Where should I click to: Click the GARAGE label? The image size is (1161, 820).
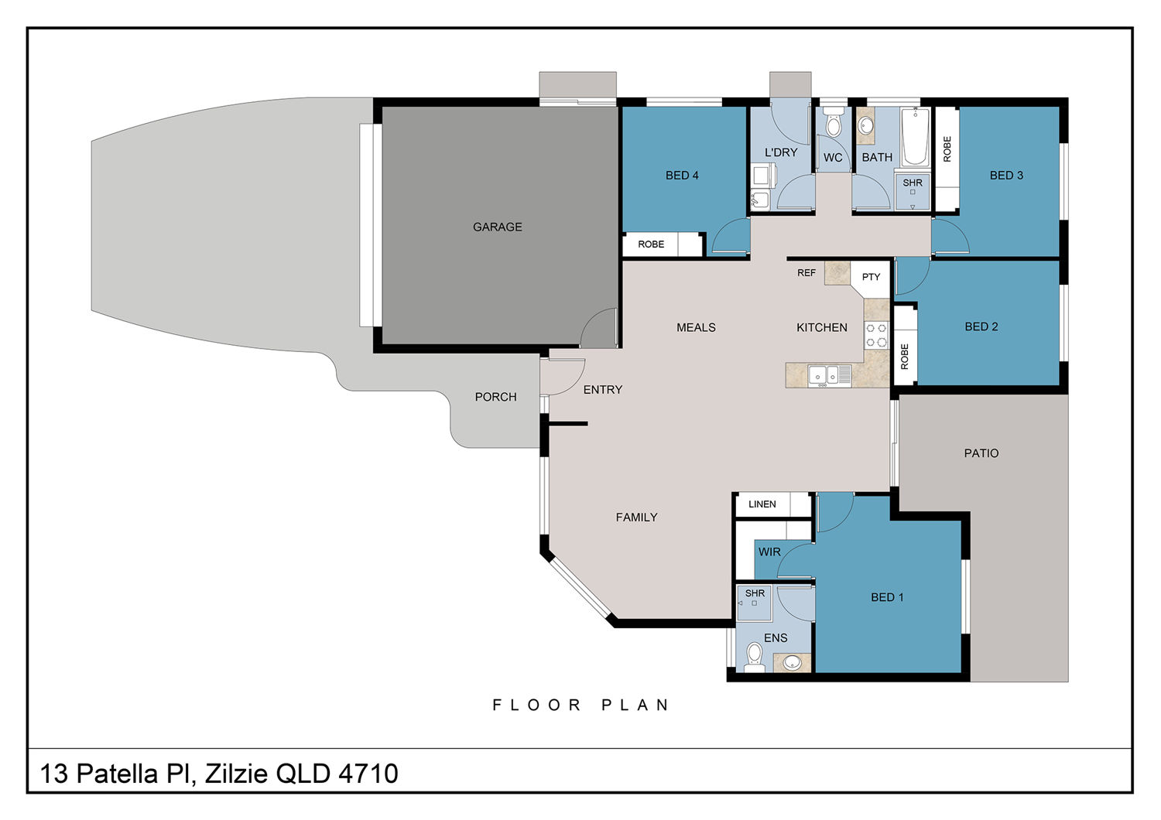coord(497,227)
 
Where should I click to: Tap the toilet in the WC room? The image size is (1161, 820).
coord(833,122)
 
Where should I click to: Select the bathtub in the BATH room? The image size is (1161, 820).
coord(915,137)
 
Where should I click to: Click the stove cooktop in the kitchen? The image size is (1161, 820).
coord(876,335)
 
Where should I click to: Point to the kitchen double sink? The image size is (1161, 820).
coord(829,375)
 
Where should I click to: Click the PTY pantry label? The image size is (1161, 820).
coord(871,277)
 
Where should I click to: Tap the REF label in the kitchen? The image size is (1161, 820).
coord(807,273)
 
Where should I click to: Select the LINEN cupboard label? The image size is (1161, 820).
coord(762,504)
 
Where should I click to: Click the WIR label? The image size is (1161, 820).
coord(769,552)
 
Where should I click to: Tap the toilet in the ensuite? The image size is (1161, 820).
coord(754,658)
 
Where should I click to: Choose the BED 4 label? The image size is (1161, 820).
coord(682,176)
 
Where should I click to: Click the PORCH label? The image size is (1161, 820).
coord(495,398)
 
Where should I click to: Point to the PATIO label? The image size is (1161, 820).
coord(981,454)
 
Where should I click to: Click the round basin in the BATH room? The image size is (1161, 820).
coord(865,125)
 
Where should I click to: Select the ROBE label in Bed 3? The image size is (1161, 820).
coord(947,149)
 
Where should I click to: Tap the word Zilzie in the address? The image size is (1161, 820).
coord(236,774)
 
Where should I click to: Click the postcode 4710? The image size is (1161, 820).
coord(368,774)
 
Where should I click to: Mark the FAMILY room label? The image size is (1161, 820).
coord(636,518)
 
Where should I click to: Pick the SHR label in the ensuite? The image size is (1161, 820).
coord(755,593)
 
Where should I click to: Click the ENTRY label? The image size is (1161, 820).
coord(603,390)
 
